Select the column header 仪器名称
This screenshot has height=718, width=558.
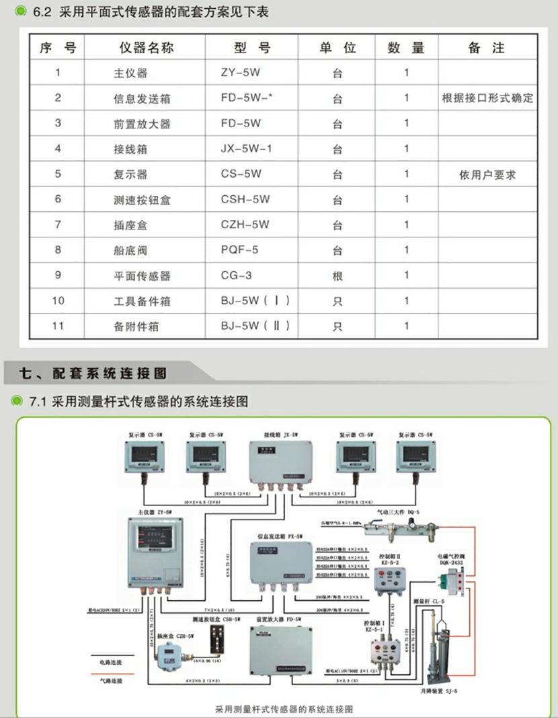click(x=147, y=48)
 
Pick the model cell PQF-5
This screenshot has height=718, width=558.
click(x=239, y=250)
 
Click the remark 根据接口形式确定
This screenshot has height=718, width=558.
click(x=487, y=98)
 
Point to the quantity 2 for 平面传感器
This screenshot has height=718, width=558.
click(x=406, y=276)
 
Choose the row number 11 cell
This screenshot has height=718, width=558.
click(x=58, y=326)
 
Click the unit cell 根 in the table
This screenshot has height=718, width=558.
click(x=337, y=276)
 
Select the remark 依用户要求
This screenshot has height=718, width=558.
click(x=487, y=175)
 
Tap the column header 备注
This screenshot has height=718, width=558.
click(x=487, y=48)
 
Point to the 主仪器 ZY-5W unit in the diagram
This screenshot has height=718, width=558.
click(x=157, y=549)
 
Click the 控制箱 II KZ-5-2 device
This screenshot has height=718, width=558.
click(x=390, y=579)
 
